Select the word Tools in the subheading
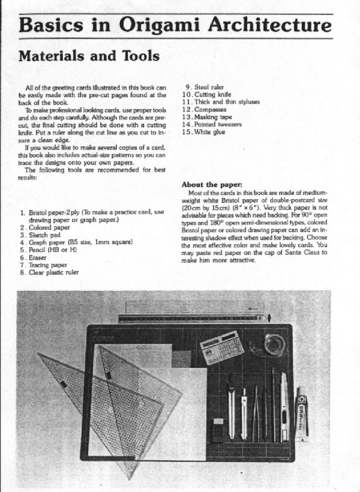point(139,56)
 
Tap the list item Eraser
point(37,257)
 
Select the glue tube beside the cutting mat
point(301,412)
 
